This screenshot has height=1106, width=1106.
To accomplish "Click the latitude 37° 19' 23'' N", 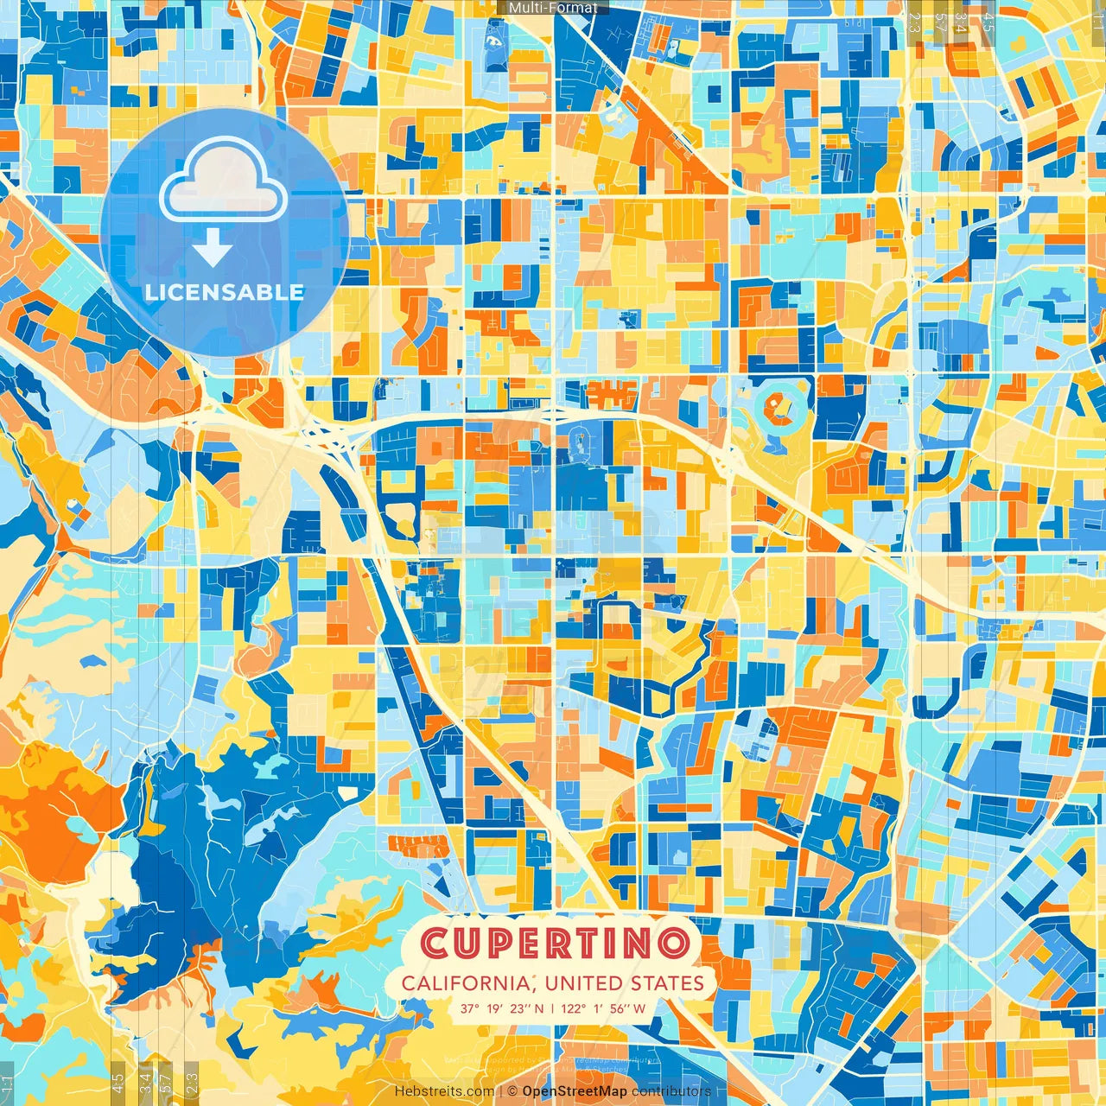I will [x=502, y=1007].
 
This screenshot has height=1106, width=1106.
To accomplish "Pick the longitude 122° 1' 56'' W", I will [x=605, y=1007].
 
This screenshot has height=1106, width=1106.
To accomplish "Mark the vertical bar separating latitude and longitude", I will [x=552, y=1007].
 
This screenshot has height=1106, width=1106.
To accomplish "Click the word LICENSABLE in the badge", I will [x=224, y=292].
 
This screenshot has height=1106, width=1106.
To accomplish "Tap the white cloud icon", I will [x=223, y=183].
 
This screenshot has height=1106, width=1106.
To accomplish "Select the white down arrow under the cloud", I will [x=213, y=249].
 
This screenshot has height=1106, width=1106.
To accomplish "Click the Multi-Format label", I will [x=553, y=8].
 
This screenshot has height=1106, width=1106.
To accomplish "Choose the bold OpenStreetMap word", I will [x=575, y=1091].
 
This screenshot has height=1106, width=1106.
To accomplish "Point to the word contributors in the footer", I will [x=671, y=1091].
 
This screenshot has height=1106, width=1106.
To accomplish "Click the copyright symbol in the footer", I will [x=512, y=1091].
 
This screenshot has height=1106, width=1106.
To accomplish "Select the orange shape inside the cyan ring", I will [x=783, y=406].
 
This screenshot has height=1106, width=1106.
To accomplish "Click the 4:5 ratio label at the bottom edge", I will [x=118, y=1082].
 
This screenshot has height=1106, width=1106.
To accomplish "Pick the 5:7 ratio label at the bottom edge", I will [x=166, y=1082].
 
